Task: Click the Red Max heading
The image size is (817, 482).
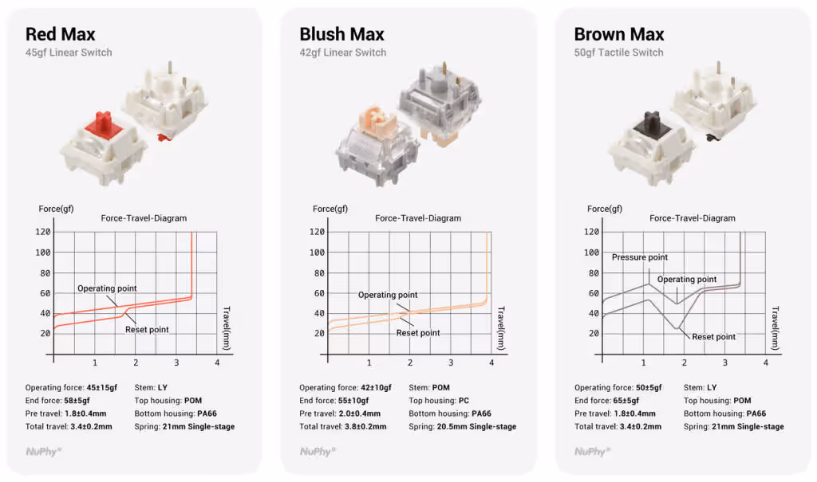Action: click(61, 34)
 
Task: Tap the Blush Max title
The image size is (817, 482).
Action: click(341, 34)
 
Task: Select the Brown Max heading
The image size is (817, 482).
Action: click(619, 34)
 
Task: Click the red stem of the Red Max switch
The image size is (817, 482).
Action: click(105, 125)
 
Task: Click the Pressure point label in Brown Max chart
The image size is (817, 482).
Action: click(639, 257)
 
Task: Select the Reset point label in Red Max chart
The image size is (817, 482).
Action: click(147, 330)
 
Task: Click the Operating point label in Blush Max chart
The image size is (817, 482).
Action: click(388, 295)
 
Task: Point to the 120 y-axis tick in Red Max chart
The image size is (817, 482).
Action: click(43, 232)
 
